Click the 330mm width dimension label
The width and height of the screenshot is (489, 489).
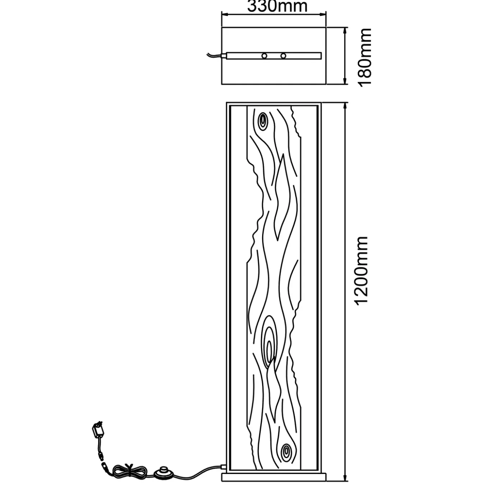coord(277,6)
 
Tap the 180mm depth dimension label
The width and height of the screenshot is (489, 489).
coord(364,58)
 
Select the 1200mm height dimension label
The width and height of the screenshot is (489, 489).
coord(362,271)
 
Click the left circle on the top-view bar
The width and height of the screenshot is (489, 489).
coord(264,56)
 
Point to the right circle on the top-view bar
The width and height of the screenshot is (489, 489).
coord(283,56)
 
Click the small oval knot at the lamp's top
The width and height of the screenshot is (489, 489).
coord(263,122)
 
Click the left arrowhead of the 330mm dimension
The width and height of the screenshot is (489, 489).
coord(225,15)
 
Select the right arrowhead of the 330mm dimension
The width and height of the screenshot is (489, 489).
coord(323,15)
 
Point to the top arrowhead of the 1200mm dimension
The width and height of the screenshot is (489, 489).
coord(345,106)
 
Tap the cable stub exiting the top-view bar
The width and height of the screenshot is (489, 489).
coord(215,55)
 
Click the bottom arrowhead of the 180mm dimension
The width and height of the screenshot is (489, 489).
coord(344,81)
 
